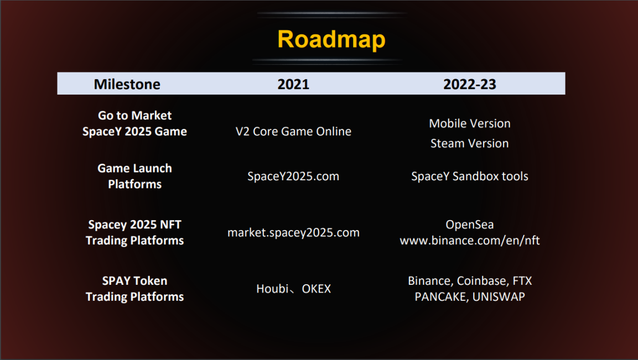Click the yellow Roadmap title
(331, 39)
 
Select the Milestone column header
(127, 84)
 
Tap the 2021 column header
(293, 84)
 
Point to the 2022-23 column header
(470, 84)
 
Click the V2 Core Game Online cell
(293, 132)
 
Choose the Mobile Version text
(470, 123)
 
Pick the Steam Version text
(470, 143)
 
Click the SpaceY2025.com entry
(293, 176)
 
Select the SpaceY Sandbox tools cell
(470, 176)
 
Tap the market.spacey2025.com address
(293, 233)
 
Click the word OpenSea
(470, 225)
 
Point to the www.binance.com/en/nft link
(470, 241)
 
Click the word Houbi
(272, 289)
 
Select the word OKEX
(317, 289)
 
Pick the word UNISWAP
(499, 296)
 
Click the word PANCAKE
(441, 296)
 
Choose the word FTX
(522, 281)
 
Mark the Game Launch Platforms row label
(134, 176)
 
